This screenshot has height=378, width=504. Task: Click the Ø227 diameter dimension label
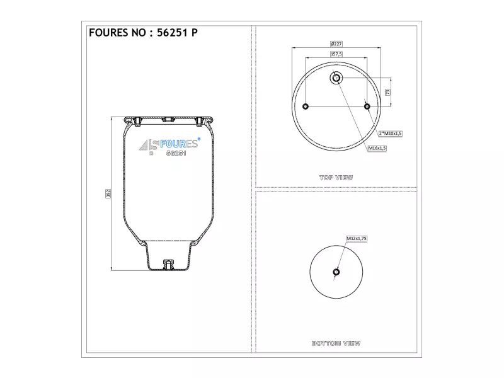[336, 43]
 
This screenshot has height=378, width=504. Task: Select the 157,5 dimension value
[336, 54]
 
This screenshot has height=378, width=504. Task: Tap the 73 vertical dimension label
[387, 92]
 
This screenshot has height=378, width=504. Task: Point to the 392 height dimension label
[108, 193]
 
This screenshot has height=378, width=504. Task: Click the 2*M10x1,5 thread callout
[390, 134]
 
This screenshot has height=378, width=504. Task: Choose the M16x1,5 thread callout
[377, 148]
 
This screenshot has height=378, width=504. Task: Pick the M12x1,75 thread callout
[357, 239]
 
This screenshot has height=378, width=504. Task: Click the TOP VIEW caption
[336, 178]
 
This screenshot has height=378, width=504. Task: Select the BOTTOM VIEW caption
[336, 343]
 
